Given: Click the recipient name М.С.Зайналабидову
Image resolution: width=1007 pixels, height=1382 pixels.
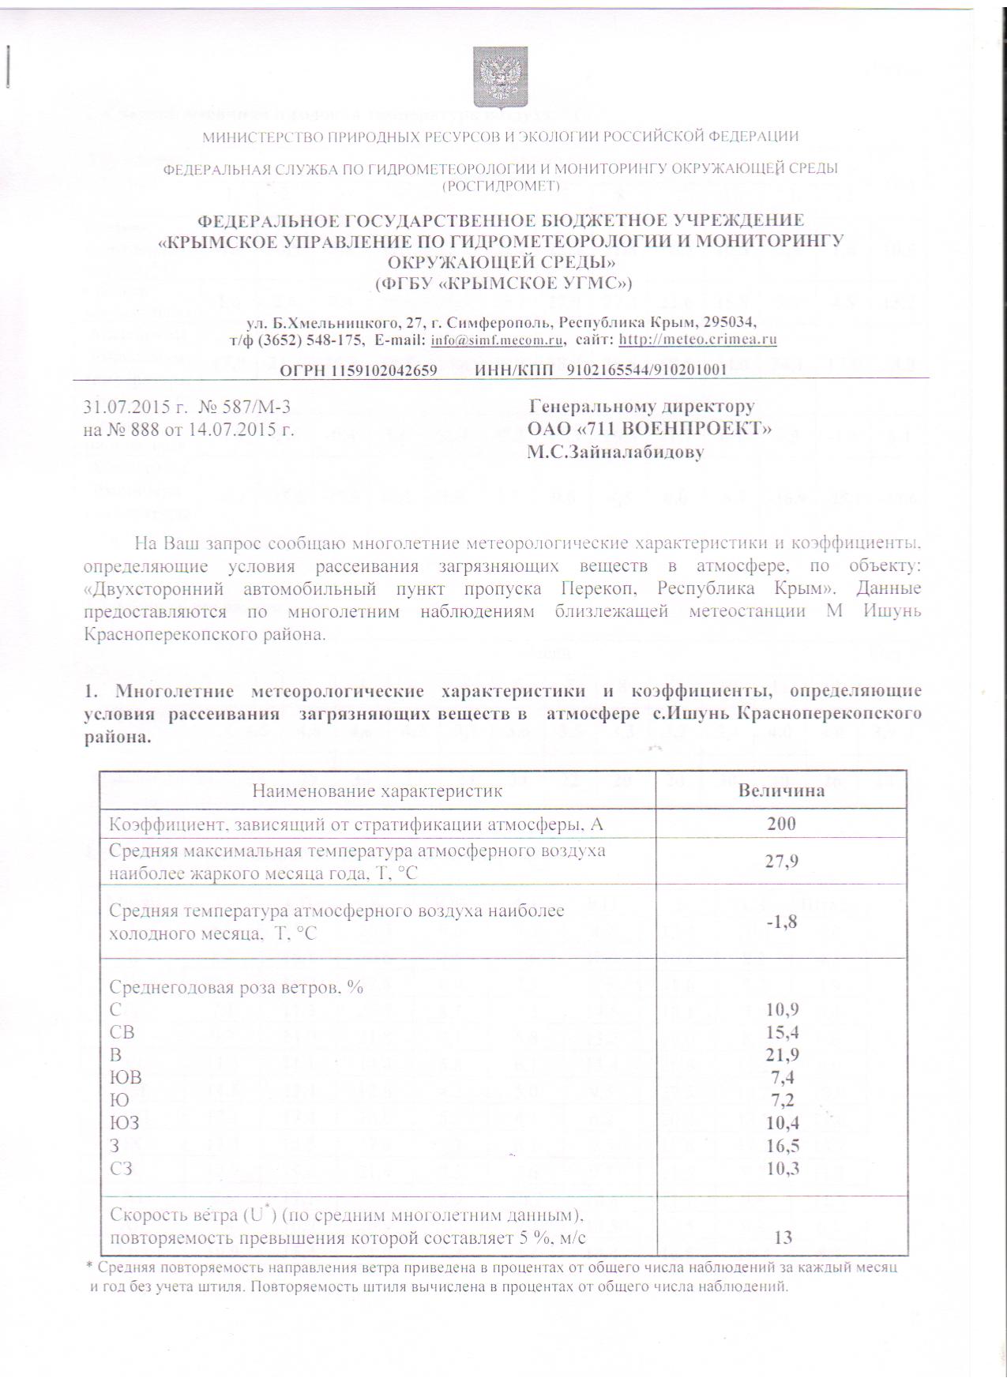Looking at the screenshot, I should [615, 453].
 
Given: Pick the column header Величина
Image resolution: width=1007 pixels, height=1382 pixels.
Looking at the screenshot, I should [781, 791].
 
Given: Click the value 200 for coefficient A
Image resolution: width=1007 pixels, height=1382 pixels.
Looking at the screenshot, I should [781, 824].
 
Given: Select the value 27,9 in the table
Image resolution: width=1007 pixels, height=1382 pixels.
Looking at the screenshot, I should [781, 861].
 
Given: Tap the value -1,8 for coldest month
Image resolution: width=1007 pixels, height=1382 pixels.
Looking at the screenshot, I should [781, 922].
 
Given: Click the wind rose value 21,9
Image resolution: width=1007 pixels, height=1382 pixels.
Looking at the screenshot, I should [781, 1054].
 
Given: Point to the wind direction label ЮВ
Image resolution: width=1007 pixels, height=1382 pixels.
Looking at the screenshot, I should [126, 1077].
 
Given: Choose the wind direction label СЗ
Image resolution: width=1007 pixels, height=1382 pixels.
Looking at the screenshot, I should [122, 1168].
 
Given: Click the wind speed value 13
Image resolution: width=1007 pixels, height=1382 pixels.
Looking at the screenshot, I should [783, 1237].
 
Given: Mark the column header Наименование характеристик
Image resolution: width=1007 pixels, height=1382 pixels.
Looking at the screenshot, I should [377, 791].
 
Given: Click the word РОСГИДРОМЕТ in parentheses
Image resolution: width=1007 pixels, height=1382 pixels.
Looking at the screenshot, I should [501, 186].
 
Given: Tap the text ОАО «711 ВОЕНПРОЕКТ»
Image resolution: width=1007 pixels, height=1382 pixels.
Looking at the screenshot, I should [649, 430].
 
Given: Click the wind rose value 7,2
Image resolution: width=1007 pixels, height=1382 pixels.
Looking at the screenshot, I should [781, 1099].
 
